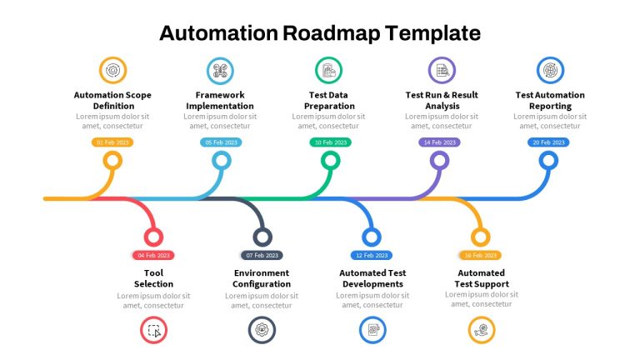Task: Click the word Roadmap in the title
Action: click(x=331, y=34)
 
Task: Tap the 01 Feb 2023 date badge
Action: click(x=112, y=142)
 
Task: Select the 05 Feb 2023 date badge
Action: click(x=221, y=142)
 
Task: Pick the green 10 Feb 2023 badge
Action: click(x=330, y=142)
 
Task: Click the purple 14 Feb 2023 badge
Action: click(x=439, y=142)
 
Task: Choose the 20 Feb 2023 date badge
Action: click(x=548, y=142)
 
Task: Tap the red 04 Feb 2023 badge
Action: click(x=153, y=256)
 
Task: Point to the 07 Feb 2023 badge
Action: click(x=262, y=256)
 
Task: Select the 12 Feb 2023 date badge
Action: click(x=372, y=256)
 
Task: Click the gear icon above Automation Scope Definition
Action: click(x=112, y=70)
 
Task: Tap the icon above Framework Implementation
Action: click(x=220, y=70)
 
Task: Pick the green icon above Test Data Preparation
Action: click(x=328, y=70)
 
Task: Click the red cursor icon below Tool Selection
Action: click(x=153, y=330)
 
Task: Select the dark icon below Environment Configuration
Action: click(x=262, y=330)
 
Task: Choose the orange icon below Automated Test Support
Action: click(x=481, y=330)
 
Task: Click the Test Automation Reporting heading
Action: click(x=550, y=100)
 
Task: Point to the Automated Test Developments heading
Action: click(x=372, y=278)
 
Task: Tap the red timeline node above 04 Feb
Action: click(x=153, y=237)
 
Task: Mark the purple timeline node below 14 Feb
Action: click(x=440, y=161)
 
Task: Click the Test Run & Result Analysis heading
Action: click(x=442, y=100)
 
